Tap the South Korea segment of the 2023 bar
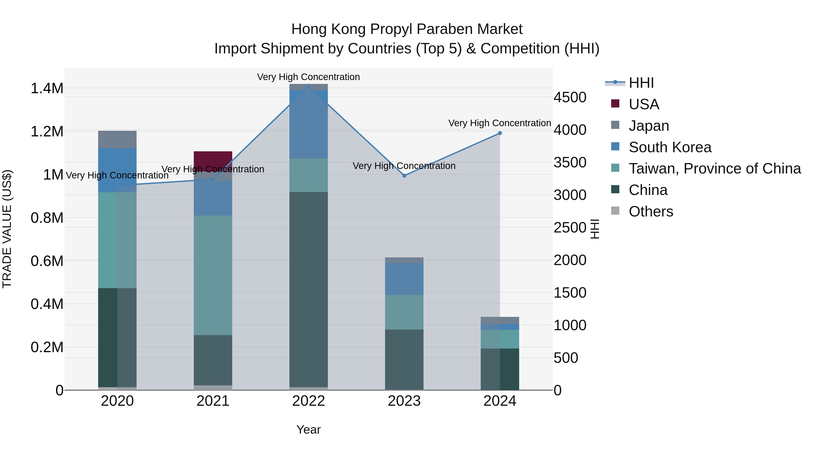404,279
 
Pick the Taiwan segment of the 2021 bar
213,275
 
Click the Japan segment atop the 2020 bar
117,139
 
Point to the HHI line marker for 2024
499,133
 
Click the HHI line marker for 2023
404,176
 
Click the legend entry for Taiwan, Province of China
714,168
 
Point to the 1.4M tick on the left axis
47,88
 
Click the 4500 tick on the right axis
570,97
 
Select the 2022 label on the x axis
308,401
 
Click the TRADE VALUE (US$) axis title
7,229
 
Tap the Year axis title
308,430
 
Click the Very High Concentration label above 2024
499,123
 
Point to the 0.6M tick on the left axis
47,261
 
